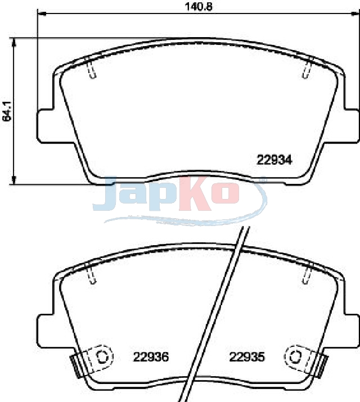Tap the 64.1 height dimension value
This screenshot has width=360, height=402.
click(7, 111)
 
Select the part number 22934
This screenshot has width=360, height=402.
click(274, 160)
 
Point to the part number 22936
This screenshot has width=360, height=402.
click(151, 356)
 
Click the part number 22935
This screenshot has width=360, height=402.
click(247, 356)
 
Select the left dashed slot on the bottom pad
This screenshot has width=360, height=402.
click(91, 274)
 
